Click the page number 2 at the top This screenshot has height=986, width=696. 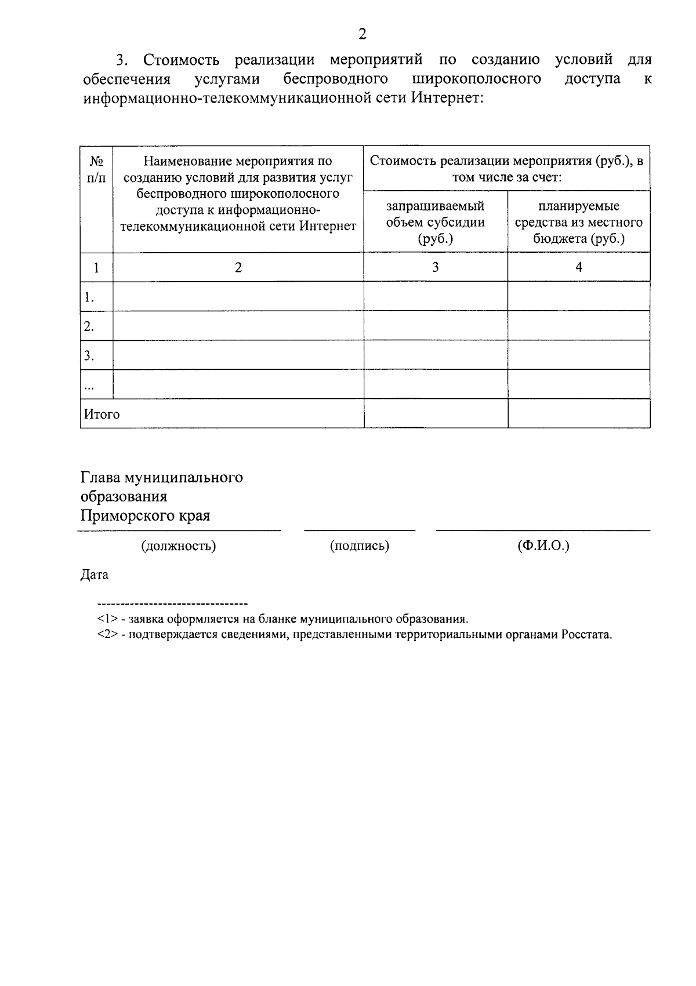362,34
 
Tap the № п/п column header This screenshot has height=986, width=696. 96,169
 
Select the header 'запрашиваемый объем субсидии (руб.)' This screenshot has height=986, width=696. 435,222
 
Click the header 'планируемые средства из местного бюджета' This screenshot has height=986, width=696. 578,222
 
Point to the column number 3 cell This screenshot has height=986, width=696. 435,267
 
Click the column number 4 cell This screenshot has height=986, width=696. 578,267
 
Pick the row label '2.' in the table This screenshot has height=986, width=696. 89,326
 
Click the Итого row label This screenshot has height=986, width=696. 102,414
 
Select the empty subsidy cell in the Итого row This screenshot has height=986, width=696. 435,413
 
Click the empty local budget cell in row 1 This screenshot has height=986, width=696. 578,296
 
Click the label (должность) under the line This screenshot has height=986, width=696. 179,545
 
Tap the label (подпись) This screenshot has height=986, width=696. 359,545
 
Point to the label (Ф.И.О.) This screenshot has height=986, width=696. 543,545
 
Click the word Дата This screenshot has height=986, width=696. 94,574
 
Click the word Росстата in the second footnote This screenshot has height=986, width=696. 586,634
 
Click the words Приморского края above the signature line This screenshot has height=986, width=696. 145,515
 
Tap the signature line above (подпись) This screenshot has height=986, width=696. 360,530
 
